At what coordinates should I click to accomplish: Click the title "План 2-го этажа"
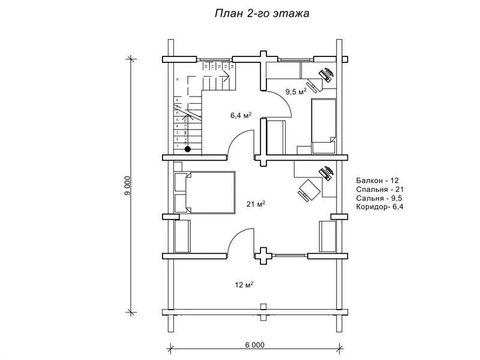pyautogui.click(x=262, y=13)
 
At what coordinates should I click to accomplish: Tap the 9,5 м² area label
pyautogui.click(x=295, y=92)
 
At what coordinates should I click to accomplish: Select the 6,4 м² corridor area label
pyautogui.click(x=241, y=115)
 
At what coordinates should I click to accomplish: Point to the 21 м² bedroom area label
pyautogui.click(x=256, y=204)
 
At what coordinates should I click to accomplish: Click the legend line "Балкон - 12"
pyautogui.click(x=377, y=180)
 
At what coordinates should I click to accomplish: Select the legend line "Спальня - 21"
pyautogui.click(x=378, y=189)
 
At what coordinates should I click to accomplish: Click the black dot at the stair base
pyautogui.click(x=188, y=149)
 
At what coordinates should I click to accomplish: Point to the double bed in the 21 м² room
pyautogui.click(x=204, y=192)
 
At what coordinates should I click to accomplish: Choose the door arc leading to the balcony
pyautogui.click(x=237, y=240)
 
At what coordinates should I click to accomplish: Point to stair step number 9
pyautogui.click(x=177, y=79)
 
